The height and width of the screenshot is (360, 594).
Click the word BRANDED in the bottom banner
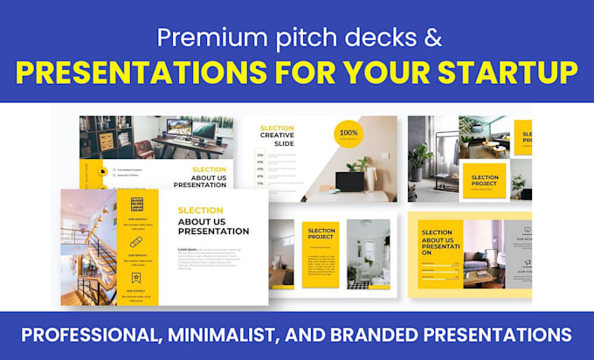(423, 334)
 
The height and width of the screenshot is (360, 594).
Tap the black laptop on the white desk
(351, 182)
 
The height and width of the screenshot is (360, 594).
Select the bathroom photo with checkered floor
(368, 254)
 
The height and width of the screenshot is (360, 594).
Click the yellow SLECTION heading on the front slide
(200, 211)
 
